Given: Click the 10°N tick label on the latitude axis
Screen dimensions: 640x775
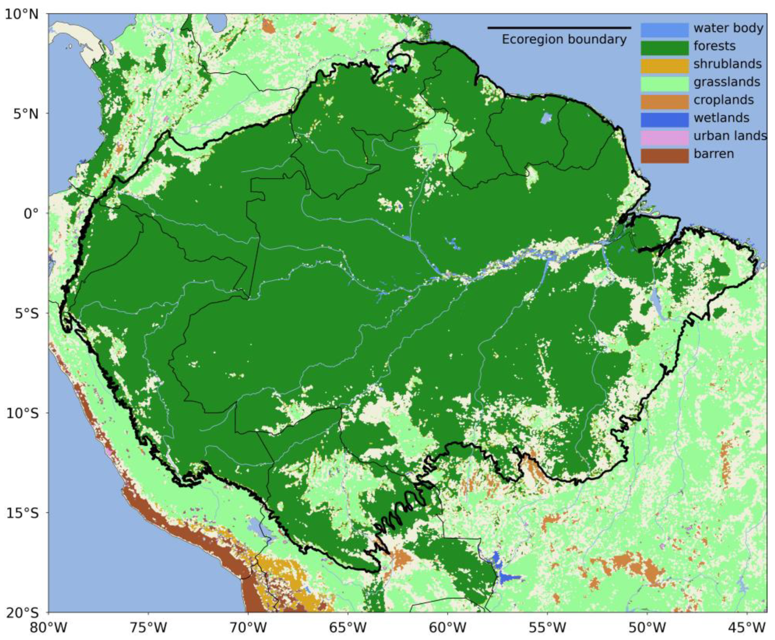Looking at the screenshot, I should pos(22,14).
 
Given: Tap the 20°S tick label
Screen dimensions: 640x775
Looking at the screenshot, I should pos(22,612).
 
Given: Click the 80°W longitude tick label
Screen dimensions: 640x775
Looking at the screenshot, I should pos(49,627).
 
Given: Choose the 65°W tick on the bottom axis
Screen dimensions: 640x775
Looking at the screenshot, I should pos(348,627).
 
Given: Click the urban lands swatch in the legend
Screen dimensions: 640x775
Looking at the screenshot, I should pos(664,138).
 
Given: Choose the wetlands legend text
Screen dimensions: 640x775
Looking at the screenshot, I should pos(721,118).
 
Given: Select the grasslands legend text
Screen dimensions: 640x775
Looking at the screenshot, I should pos(726,82).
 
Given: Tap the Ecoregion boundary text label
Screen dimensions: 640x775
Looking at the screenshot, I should pos(564,39).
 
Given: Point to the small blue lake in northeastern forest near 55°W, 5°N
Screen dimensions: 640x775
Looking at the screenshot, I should pos(547,118).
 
